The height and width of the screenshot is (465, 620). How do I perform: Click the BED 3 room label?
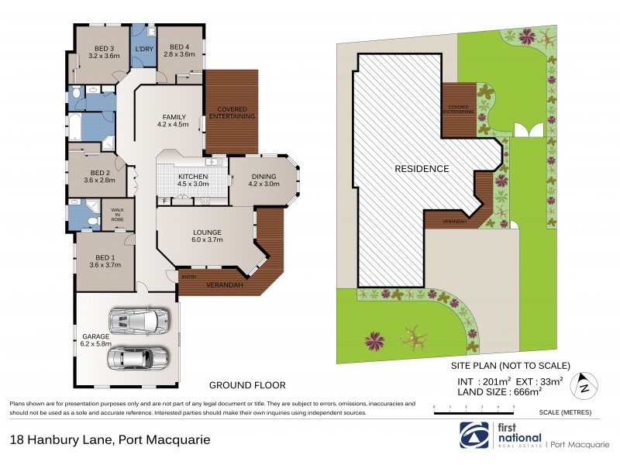click(95, 51)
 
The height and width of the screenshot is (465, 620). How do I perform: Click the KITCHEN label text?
click(193, 180)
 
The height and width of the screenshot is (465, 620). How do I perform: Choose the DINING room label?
click(263, 180)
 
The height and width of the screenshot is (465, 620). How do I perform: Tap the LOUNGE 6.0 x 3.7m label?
click(207, 236)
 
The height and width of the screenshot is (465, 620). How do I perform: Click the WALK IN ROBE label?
click(118, 215)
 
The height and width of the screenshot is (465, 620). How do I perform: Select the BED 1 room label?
click(103, 261)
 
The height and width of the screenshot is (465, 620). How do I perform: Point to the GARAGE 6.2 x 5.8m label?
click(95, 339)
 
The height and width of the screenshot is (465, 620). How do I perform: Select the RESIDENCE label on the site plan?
click(422, 168)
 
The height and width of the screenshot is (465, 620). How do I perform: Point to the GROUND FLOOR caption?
click(247, 384)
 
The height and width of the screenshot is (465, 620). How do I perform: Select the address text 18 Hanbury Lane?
click(63, 439)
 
